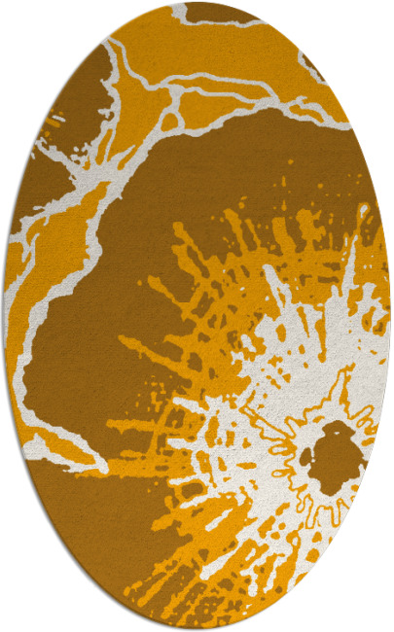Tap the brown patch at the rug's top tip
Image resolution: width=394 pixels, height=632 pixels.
209,12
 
